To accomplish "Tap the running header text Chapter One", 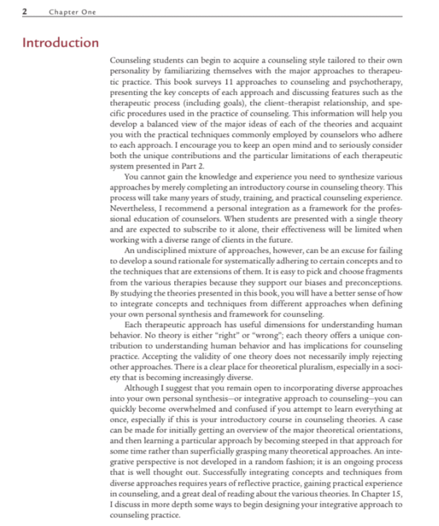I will (71, 11).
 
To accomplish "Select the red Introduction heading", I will (61, 42).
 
